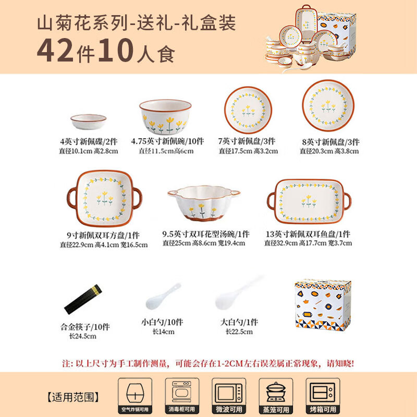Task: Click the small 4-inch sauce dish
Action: coord(88,122)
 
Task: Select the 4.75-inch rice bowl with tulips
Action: coord(165,116)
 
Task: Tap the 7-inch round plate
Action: coord(248,110)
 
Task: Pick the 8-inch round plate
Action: coord(328,106)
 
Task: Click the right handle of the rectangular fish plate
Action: coord(347,201)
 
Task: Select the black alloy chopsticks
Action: coord(83,299)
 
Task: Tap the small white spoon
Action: coord(163,297)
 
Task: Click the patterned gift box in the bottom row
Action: coord(323,305)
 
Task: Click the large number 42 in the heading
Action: coord(55,50)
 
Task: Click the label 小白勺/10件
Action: coord(162,322)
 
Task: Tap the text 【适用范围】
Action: coord(73,397)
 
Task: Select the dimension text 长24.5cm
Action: coord(83,336)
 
